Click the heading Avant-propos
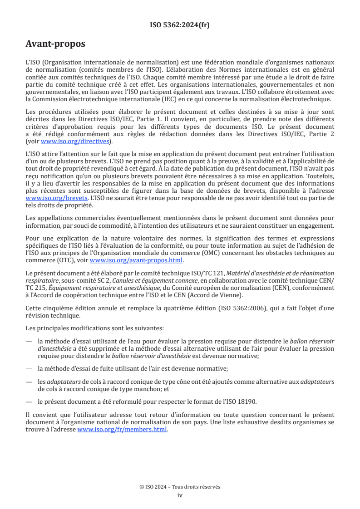click(x=55, y=44)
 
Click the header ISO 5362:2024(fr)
click(x=180, y=25)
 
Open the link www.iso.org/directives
click(x=75, y=141)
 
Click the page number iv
click(x=180, y=495)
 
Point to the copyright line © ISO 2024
click(x=180, y=487)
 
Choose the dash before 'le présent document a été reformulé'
click(x=29, y=401)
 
